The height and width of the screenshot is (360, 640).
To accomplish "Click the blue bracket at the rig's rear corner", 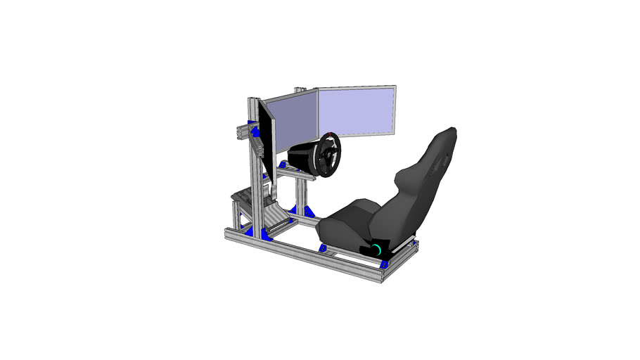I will pos(384,264).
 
